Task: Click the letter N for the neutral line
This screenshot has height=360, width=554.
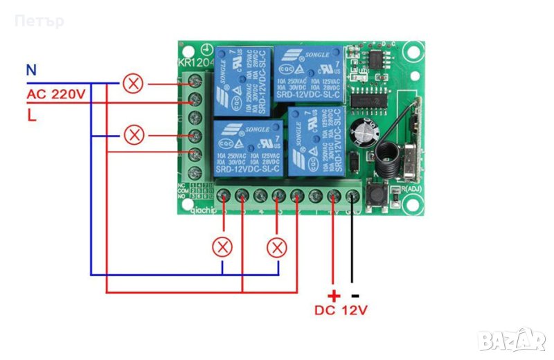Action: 30,70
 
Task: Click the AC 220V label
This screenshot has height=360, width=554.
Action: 56,93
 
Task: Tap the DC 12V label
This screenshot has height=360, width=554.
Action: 341,311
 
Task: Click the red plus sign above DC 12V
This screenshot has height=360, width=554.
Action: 332,295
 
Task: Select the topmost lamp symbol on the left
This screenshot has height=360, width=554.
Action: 133,84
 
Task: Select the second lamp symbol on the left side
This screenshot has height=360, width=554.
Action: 133,134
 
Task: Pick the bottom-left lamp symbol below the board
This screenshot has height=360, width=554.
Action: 222,246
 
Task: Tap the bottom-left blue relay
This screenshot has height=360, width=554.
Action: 247,147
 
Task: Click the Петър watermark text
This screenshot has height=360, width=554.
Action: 39,21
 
